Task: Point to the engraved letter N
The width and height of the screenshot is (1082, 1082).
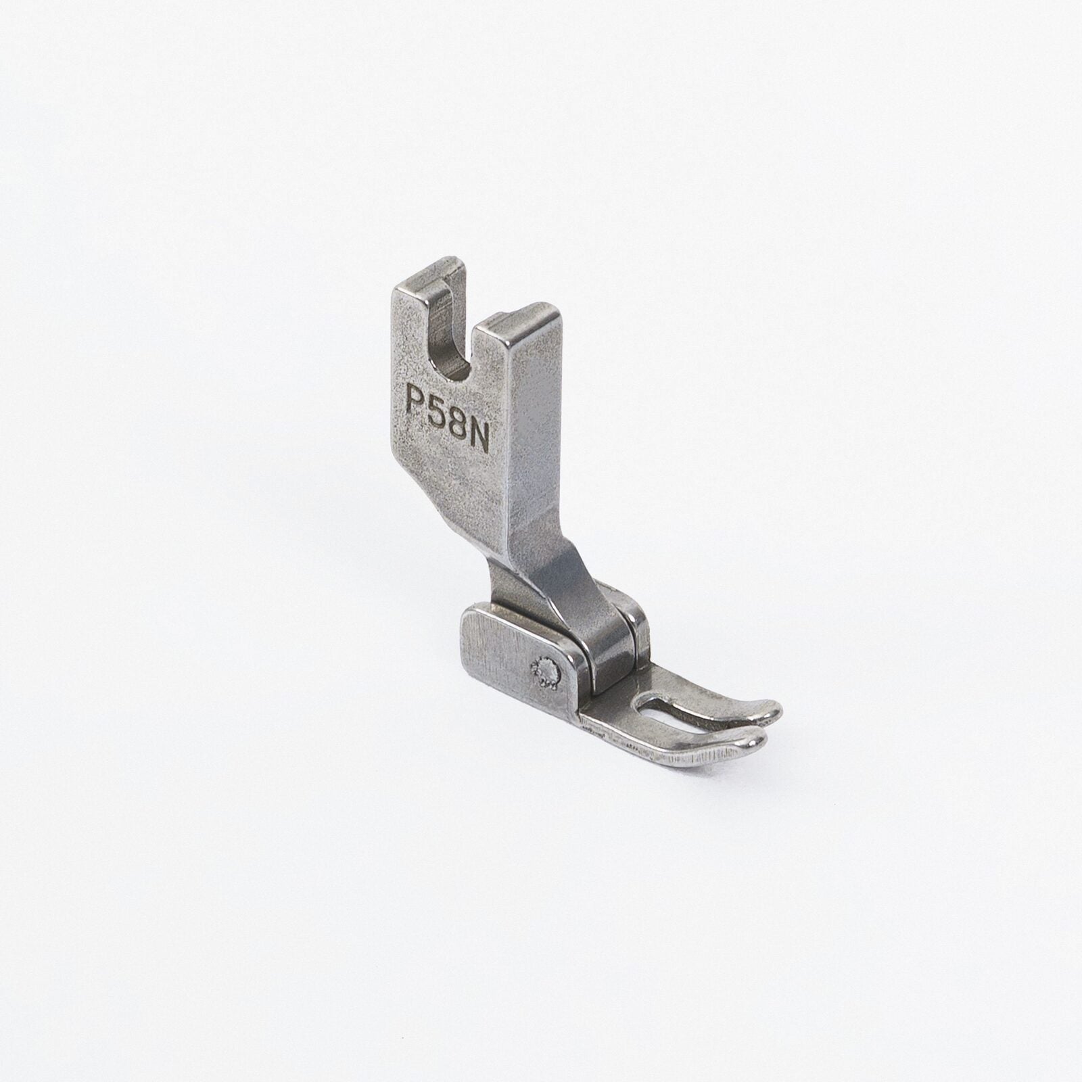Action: coord(475,427)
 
